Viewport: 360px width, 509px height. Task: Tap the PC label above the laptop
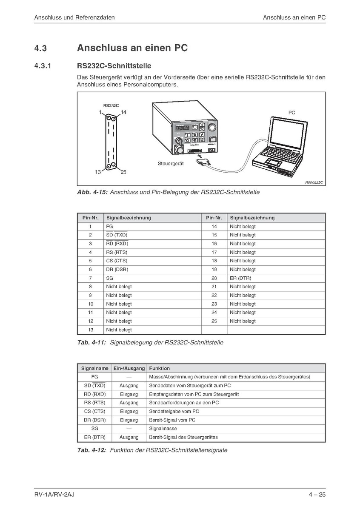tap(291, 113)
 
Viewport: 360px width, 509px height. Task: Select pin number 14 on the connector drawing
tap(124, 112)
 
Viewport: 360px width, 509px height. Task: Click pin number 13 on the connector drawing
tap(98, 172)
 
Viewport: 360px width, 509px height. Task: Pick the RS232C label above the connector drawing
tap(111, 105)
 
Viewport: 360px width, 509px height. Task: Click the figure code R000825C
tap(314, 182)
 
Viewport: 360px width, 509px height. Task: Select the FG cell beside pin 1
tap(109, 227)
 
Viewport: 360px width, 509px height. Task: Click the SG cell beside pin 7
tap(109, 278)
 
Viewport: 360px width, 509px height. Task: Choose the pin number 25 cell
tap(214, 321)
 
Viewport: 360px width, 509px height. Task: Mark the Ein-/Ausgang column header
tap(129, 368)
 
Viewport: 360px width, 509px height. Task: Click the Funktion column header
tap(159, 368)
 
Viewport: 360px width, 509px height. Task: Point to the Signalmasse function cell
tap(163, 429)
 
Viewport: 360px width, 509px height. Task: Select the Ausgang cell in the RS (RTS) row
tap(129, 403)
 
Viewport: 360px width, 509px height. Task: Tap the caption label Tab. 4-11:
tap(91, 342)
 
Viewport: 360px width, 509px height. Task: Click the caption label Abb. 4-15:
tap(92, 192)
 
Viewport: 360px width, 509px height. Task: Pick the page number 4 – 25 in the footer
tap(317, 494)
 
